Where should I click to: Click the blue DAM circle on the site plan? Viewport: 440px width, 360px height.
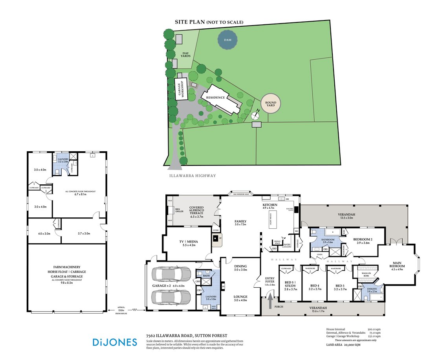click(x=228, y=40)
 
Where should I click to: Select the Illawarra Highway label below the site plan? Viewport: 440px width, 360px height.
click(x=192, y=176)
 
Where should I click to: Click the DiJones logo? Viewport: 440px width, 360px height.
click(x=115, y=342)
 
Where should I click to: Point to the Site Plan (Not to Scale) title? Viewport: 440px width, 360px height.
click(x=209, y=22)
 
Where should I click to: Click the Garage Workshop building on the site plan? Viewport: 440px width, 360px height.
click(x=182, y=89)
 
